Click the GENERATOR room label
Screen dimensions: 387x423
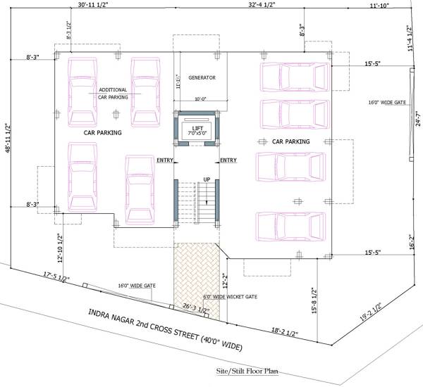[x=202, y=77]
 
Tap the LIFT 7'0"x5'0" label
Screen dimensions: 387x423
[x=197, y=131]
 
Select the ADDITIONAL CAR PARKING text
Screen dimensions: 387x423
[x=112, y=93]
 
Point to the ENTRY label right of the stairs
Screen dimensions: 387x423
[x=228, y=160]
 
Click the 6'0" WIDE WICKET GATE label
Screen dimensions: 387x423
[x=230, y=297]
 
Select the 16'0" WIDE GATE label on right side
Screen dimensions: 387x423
[x=387, y=103]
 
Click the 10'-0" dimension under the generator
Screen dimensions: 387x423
[x=202, y=99]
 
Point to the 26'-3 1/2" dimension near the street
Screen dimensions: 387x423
[x=195, y=308]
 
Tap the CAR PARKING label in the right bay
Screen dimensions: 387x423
[x=286, y=141]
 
